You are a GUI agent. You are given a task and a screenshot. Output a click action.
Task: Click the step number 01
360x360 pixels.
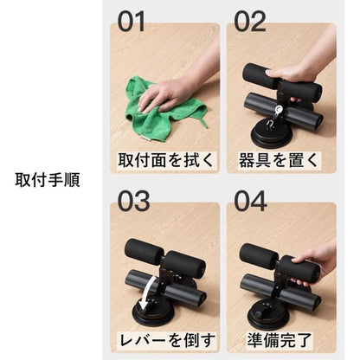pos(132,22)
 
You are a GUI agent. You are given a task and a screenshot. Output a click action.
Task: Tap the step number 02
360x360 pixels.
pos(250,22)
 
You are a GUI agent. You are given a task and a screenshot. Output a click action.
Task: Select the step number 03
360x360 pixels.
pos(133,201)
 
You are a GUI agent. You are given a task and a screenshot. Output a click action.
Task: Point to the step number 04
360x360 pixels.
pos(250,201)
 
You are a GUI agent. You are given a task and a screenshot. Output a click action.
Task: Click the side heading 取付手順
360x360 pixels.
pos(48,180)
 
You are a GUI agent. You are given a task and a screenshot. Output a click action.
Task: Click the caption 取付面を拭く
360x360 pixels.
pos(166,160)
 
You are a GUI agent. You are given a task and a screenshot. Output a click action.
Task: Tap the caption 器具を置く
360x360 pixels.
pos(278,160)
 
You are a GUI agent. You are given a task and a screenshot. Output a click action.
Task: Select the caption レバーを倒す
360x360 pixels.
pos(167,340)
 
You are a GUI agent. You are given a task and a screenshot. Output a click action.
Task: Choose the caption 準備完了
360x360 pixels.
pos(280,340)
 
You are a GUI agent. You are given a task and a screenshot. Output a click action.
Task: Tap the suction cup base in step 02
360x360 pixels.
pos(270,135)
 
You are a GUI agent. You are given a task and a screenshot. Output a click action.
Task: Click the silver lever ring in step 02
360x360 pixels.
pos(279,109)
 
